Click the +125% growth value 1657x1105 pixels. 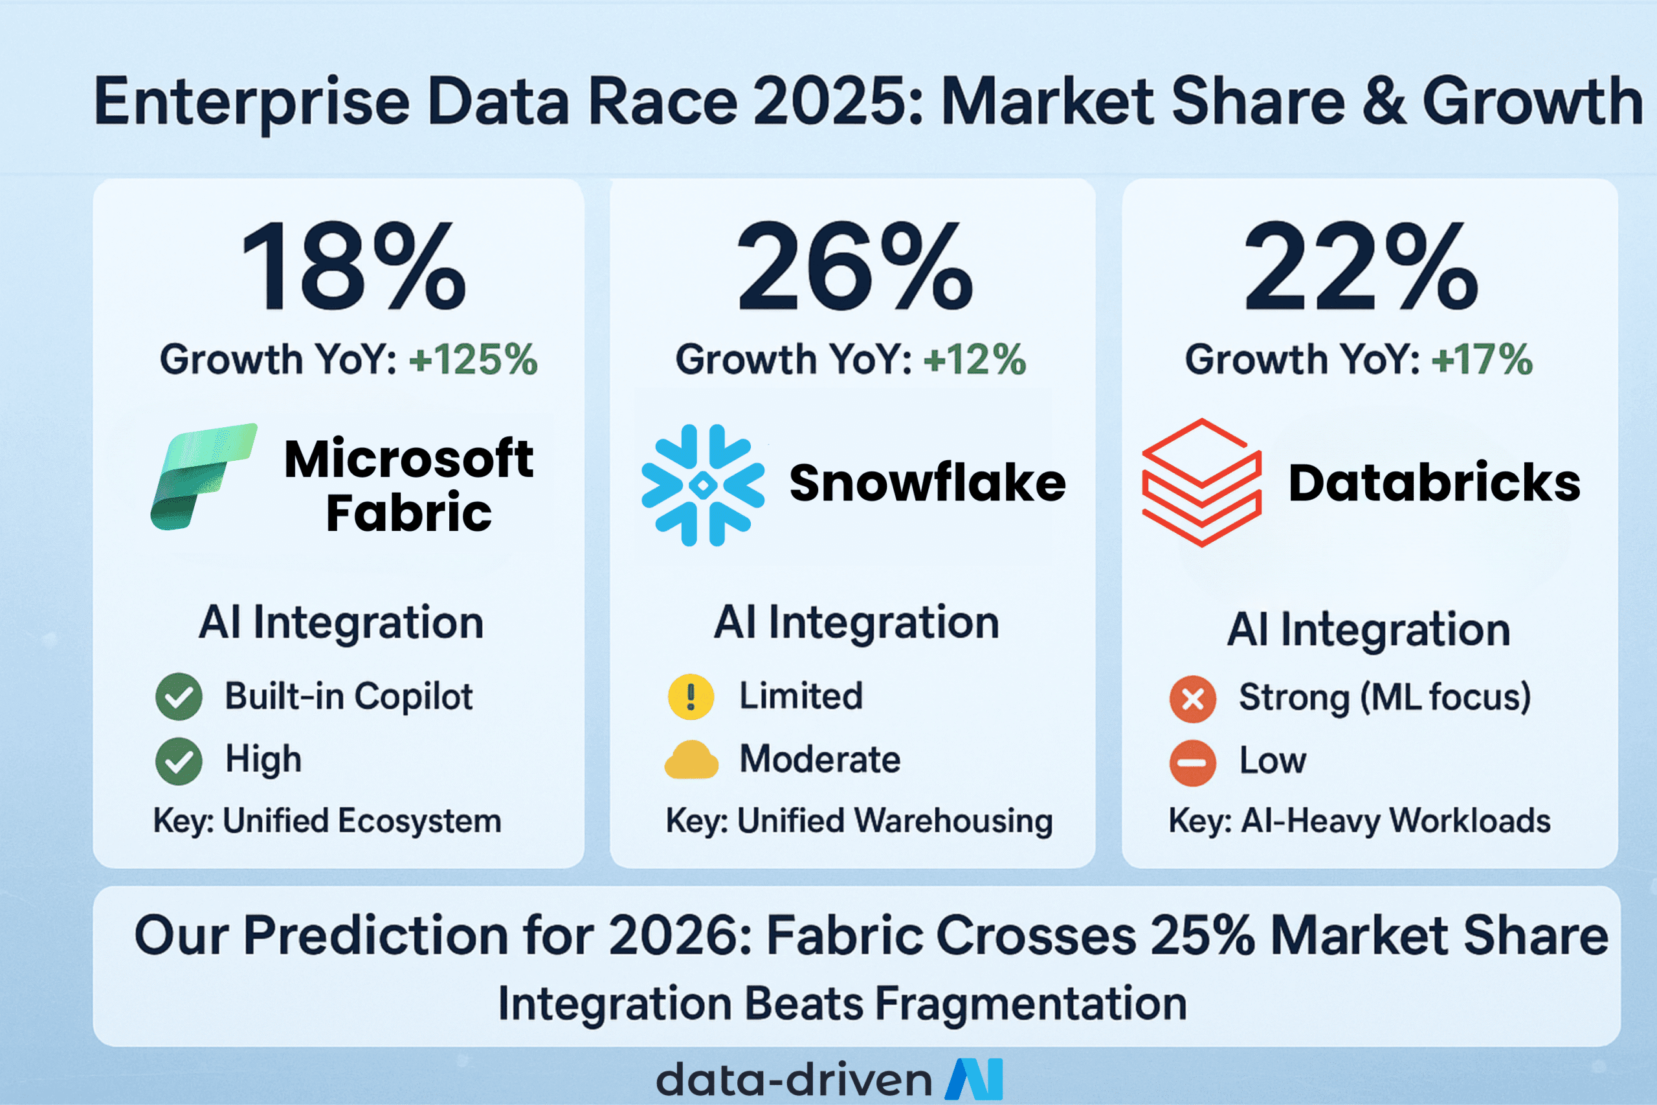coord(473,359)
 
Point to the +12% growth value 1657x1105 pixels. coord(974,359)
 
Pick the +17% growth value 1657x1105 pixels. coord(1482,359)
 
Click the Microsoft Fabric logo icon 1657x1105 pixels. coord(204,476)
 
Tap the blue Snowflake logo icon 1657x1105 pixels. coord(702,485)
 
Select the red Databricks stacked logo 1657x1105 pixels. coord(1201,483)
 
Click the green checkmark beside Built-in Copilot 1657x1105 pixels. coord(179,697)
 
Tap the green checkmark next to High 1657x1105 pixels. coord(179,761)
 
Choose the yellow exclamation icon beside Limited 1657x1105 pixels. coord(691,697)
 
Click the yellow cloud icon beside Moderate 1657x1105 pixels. coord(691,760)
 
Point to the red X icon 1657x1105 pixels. coord(1193,699)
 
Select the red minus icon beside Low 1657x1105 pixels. coord(1193,763)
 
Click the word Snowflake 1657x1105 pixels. coord(927,483)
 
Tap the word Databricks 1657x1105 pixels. coord(1434,483)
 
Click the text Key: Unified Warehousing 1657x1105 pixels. coord(859,821)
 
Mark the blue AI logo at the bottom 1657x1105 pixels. coord(973,1079)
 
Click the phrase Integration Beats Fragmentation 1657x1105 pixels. coord(843,1003)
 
